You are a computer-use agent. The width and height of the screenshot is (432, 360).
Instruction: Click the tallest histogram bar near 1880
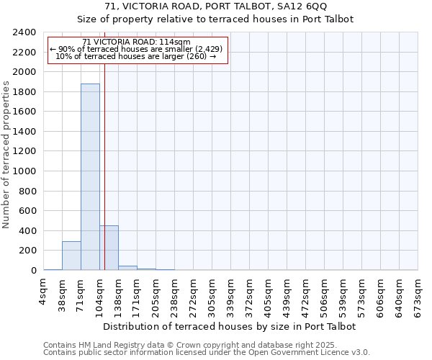click(90, 176)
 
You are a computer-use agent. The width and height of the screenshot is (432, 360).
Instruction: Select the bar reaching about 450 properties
click(109, 248)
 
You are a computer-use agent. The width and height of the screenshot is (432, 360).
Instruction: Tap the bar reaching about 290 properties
click(71, 256)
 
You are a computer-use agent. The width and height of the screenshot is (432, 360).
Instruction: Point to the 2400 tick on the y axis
click(24, 32)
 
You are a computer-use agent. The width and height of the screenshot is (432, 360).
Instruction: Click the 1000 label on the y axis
click(24, 171)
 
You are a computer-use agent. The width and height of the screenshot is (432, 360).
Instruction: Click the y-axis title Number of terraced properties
click(6, 154)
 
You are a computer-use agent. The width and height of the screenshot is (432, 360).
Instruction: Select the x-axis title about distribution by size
click(230, 326)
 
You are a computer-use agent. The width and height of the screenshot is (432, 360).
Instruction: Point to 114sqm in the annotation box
click(176, 42)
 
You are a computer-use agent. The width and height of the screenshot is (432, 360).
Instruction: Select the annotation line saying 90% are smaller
click(137, 49)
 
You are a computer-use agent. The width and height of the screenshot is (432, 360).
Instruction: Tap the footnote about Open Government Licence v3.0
click(206, 352)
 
